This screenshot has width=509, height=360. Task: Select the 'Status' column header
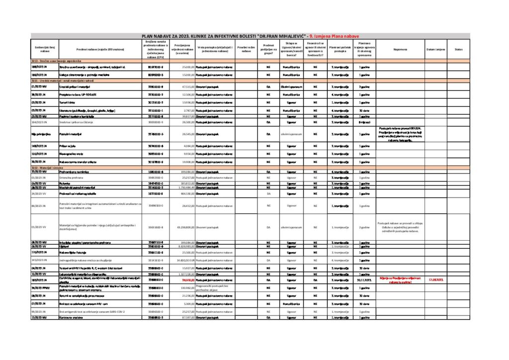click(458, 49)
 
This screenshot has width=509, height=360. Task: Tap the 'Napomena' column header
click(400, 49)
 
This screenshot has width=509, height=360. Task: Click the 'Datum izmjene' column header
click(435, 49)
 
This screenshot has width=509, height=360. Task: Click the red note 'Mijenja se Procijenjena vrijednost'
click(400, 280)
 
